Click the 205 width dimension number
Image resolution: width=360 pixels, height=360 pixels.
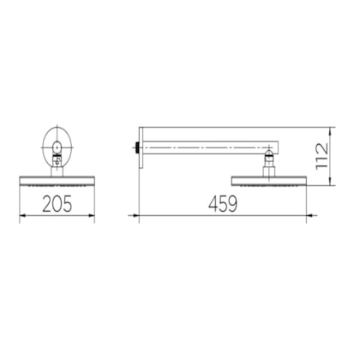click(x=57, y=204)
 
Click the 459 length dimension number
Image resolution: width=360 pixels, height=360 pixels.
click(x=223, y=204)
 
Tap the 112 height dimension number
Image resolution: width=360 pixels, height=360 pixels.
click(x=322, y=156)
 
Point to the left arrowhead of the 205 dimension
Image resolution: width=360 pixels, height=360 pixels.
click(x=23, y=215)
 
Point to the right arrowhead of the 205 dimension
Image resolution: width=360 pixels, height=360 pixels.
click(x=91, y=215)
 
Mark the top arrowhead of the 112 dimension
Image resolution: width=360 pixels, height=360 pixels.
click(x=330, y=131)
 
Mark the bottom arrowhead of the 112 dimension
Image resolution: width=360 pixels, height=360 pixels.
click(x=330, y=181)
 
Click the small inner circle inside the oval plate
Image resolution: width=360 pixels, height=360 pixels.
click(x=57, y=147)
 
